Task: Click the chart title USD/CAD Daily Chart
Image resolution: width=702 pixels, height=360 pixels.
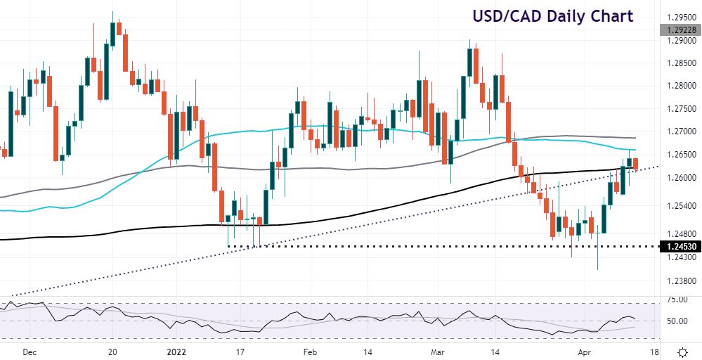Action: click(552, 15)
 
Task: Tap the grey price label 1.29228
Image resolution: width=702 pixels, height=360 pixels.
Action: click(680, 30)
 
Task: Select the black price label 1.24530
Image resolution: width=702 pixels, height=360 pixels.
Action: click(680, 247)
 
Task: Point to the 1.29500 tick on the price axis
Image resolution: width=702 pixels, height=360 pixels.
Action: click(680, 17)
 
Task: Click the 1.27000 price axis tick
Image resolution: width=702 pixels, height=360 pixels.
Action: click(680, 131)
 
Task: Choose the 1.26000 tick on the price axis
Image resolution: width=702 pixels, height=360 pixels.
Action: click(680, 178)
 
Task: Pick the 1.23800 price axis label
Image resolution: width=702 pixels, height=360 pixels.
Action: click(680, 281)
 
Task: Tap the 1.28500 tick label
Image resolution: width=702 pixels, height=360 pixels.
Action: click(680, 63)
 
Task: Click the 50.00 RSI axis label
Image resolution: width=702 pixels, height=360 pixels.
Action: click(676, 321)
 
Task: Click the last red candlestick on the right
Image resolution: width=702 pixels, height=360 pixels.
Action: click(636, 164)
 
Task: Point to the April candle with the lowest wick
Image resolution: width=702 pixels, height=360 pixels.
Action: click(598, 253)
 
